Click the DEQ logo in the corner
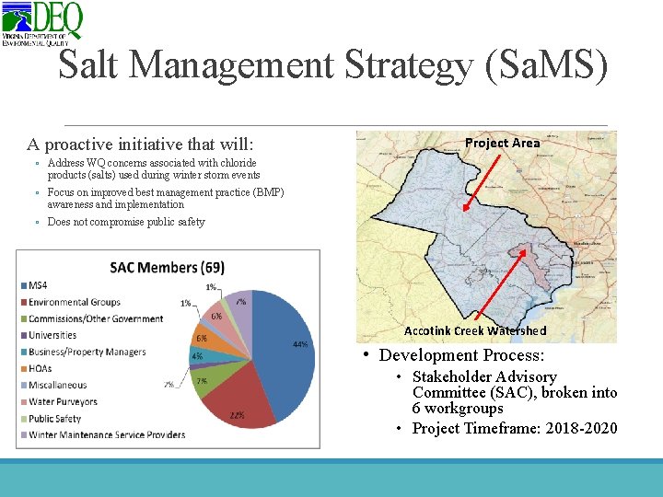(42, 23)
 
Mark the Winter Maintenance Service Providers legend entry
(107, 434)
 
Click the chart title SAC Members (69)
(168, 267)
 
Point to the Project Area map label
(502, 143)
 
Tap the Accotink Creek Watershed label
(475, 330)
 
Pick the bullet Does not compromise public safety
(126, 222)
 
